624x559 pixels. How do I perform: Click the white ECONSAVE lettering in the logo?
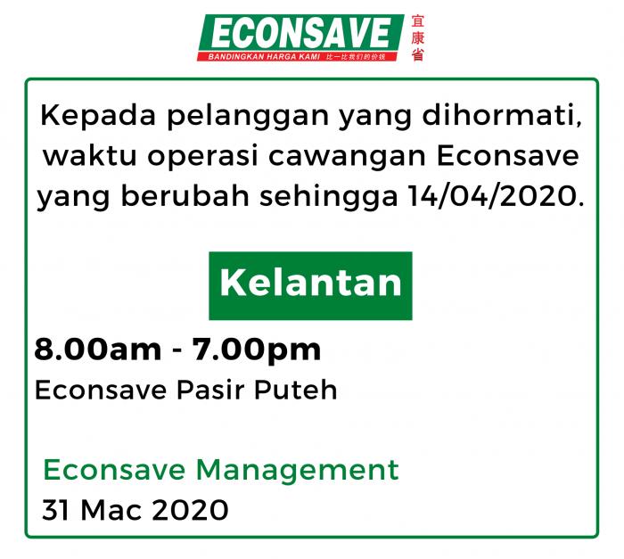point(301,34)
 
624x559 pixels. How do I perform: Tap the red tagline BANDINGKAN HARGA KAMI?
point(264,57)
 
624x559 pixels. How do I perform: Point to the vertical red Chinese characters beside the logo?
point(417,38)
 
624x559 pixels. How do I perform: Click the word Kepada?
point(98,116)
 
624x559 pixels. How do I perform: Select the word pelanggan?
point(248,117)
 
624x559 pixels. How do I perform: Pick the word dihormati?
point(501,116)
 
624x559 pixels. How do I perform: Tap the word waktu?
point(90,156)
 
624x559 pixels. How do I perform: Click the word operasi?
point(203,157)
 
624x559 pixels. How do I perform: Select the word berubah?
point(185,195)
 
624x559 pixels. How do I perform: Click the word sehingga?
point(328,196)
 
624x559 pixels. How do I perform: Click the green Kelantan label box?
point(310,285)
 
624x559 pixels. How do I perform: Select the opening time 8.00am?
point(98,349)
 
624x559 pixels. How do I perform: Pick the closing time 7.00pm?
point(257,350)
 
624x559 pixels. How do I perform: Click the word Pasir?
point(210,390)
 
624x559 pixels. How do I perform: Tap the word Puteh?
point(296,390)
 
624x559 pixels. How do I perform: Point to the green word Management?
point(297,471)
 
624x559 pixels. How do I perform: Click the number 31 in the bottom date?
point(56,510)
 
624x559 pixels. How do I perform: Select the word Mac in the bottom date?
point(111,510)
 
